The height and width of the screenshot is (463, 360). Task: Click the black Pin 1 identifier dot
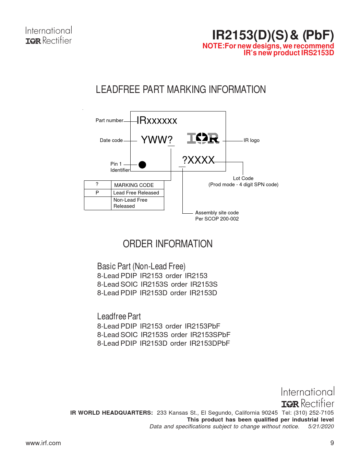tap(142, 165)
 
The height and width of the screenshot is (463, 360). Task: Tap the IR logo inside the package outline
tap(203, 138)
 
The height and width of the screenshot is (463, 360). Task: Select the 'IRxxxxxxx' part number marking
tap(157, 120)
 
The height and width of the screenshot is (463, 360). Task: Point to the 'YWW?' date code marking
tap(157, 140)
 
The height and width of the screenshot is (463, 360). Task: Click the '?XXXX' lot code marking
tap(198, 160)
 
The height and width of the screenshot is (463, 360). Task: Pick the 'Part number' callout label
tap(109, 120)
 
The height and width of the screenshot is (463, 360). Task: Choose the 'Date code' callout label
tap(111, 140)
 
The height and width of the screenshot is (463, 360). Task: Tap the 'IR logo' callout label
tap(252, 140)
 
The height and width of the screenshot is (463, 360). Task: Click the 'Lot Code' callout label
tap(243, 178)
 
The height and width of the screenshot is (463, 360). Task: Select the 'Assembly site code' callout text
tap(217, 213)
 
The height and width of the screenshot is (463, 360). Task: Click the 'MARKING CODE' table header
tap(134, 185)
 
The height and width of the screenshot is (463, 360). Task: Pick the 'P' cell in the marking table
tap(97, 193)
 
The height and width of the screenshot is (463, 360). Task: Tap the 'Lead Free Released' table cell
tap(136, 193)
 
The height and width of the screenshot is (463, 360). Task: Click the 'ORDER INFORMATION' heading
tap(168, 244)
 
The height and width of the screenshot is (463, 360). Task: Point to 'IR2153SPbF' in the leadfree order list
tap(210, 335)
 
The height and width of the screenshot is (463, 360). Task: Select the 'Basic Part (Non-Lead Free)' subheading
tap(141, 266)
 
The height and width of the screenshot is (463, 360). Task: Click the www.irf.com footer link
tap(43, 443)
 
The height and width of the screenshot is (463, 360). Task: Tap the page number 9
tap(332, 443)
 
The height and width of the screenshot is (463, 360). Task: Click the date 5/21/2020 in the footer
tap(321, 426)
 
